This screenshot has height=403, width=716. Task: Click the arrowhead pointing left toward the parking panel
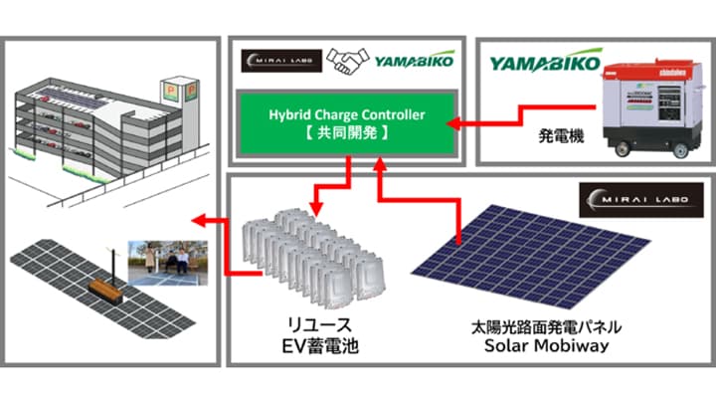(197, 221)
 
